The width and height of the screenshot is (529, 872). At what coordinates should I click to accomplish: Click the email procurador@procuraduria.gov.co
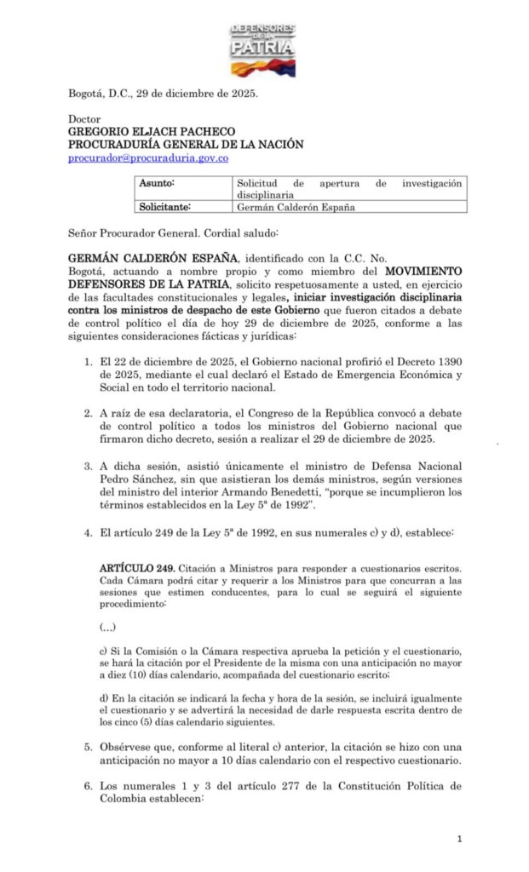[148, 158]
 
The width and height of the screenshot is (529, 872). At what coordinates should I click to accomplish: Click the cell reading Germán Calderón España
[295, 207]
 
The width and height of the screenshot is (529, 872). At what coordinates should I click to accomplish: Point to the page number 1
[459, 839]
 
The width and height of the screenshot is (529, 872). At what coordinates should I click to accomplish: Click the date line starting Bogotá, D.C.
[163, 94]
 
